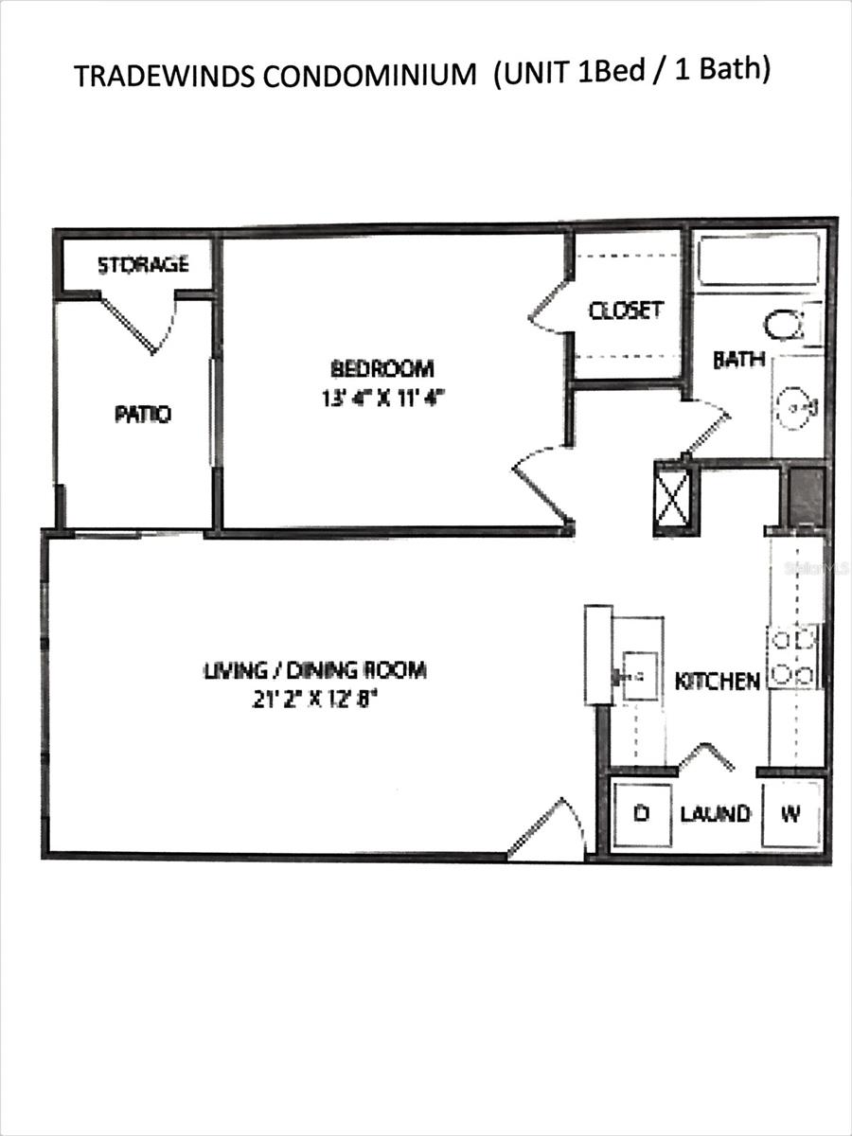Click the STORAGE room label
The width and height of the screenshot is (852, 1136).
click(144, 264)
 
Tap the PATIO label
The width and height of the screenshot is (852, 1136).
click(143, 414)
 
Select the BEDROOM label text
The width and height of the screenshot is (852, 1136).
click(382, 367)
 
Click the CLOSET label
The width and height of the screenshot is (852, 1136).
click(625, 311)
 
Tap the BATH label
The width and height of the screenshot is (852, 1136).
click(738, 360)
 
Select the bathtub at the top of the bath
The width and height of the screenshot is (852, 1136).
click(758, 258)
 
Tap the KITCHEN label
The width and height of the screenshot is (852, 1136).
click(717, 681)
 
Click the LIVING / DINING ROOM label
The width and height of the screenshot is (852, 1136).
click(315, 670)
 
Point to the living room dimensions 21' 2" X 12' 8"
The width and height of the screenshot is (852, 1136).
click(315, 700)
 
